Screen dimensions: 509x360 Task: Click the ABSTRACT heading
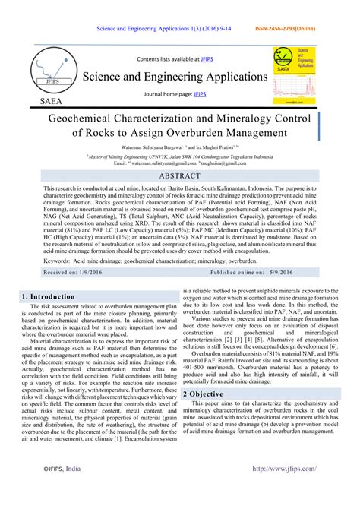click(x=179, y=175)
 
